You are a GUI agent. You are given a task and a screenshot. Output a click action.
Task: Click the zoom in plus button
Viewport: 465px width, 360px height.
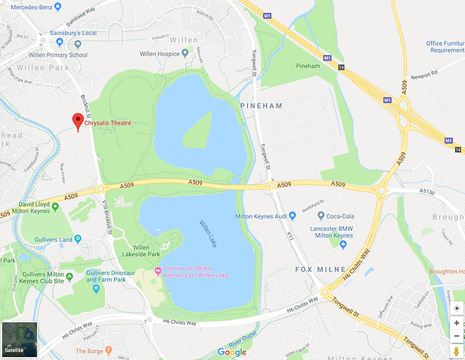pos(457,323)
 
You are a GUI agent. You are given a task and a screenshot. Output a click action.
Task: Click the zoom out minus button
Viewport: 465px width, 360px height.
pos(457,336)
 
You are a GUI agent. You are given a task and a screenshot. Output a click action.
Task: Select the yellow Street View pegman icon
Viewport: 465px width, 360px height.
pos(457,351)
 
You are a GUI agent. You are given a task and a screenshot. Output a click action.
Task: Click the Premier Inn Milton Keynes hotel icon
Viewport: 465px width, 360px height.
pos(158,271)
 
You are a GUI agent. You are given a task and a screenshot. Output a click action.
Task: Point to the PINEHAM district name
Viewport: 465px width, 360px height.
pos(262,105)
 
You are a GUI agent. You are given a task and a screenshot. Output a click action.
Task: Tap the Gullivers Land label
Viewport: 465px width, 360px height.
pos(54,239)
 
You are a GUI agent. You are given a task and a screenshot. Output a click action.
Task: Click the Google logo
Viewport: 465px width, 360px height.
pos(232,352)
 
